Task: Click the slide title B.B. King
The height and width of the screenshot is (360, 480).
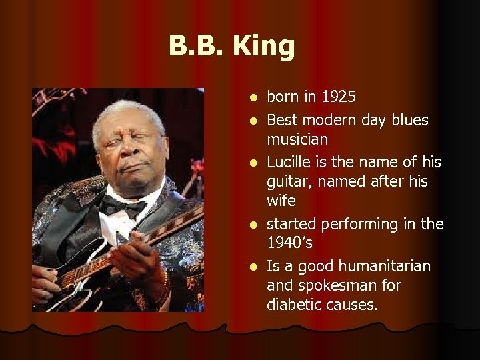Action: (x=231, y=47)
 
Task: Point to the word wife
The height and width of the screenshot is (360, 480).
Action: (x=281, y=201)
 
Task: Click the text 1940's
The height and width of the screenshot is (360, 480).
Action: (x=290, y=242)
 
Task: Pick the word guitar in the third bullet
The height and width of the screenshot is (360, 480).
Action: (x=286, y=181)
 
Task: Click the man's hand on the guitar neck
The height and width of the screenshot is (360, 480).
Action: (x=137, y=257)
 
